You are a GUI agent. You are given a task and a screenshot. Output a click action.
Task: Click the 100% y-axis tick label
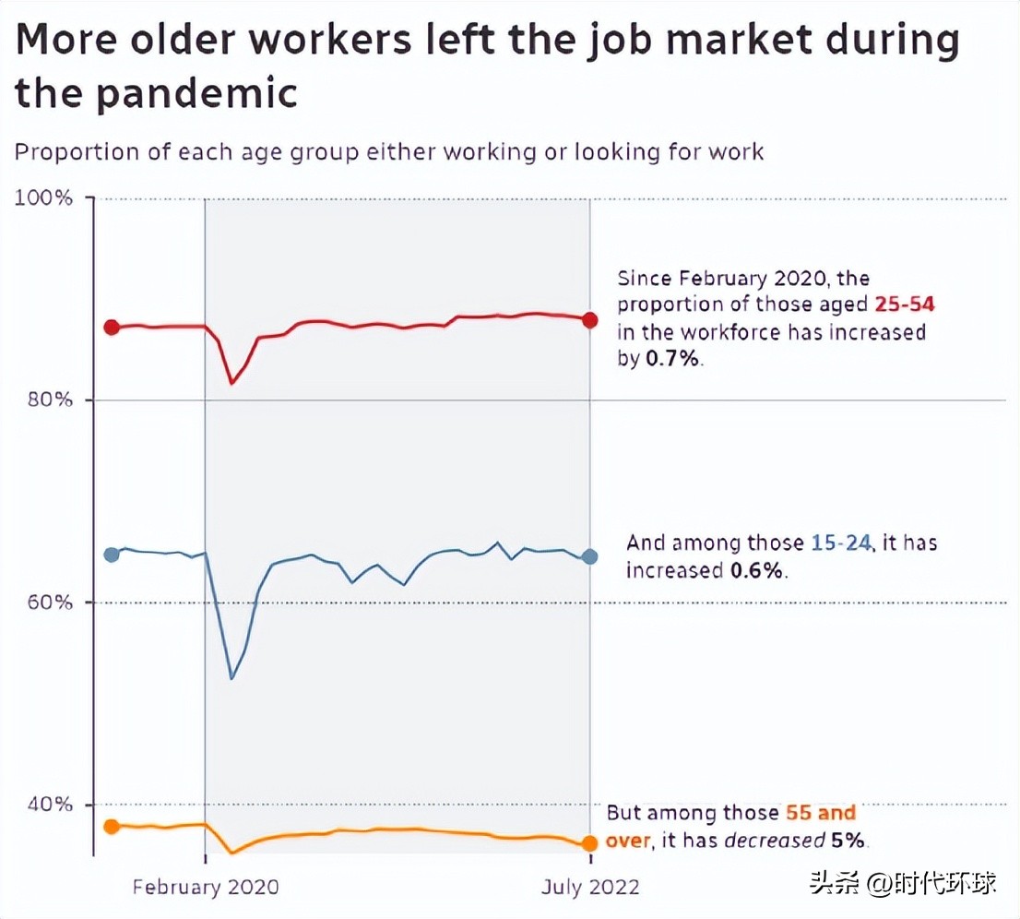(x=44, y=197)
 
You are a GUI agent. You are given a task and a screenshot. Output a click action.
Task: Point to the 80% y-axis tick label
(x=46, y=400)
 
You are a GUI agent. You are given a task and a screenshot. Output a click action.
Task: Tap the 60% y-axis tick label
(x=46, y=602)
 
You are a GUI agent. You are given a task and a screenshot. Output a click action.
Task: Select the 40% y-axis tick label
(x=46, y=804)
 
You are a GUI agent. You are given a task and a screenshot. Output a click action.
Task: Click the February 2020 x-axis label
(x=205, y=887)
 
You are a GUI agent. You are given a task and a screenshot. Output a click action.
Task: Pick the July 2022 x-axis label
(x=589, y=887)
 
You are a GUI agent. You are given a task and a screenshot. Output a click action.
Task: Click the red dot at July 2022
(x=590, y=319)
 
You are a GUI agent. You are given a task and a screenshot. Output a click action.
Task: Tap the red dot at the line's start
(x=112, y=327)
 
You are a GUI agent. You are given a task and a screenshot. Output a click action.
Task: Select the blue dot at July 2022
(x=590, y=556)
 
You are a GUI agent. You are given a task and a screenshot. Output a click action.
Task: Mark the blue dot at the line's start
(x=112, y=555)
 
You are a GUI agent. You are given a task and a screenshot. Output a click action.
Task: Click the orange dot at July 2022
(x=589, y=843)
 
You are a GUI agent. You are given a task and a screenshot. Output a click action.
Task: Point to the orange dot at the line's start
(x=112, y=826)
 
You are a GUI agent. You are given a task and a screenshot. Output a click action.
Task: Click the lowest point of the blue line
(x=231, y=679)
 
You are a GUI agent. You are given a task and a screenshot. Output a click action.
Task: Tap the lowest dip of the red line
(x=231, y=383)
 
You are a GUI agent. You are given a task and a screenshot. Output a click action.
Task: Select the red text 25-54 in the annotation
(x=904, y=304)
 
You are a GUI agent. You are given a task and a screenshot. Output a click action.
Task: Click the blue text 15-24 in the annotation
(x=840, y=543)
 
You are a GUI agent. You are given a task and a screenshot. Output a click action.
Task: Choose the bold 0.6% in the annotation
(x=757, y=570)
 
